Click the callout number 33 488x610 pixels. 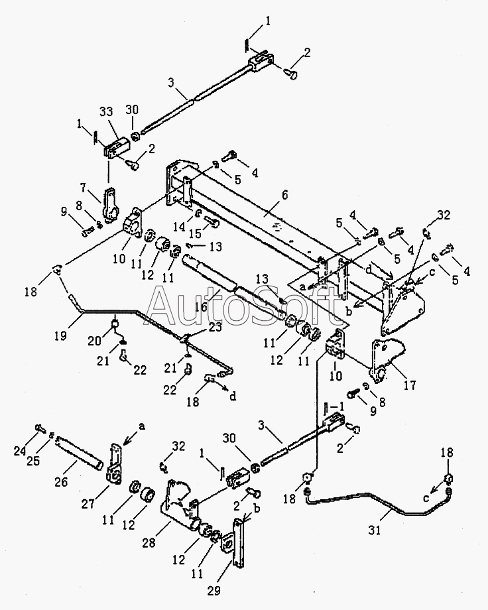coord(106,111)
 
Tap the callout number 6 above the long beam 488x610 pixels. coord(285,194)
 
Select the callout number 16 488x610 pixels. coord(201,306)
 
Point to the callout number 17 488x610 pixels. coord(410,385)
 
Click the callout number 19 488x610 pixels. coord(60,335)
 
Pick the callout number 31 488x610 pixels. coord(375,530)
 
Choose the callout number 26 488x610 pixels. coord(61,481)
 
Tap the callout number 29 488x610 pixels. coord(213,591)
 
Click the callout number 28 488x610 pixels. coord(149,542)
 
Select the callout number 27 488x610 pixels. coord(88,504)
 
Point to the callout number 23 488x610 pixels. coord(215,327)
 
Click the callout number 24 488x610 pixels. coord(20,451)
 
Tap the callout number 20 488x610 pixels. coord(94,341)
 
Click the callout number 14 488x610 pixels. coord(179,226)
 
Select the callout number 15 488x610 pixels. coord(196,233)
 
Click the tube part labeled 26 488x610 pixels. coord(80,452)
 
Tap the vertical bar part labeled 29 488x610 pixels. coord(237,543)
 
